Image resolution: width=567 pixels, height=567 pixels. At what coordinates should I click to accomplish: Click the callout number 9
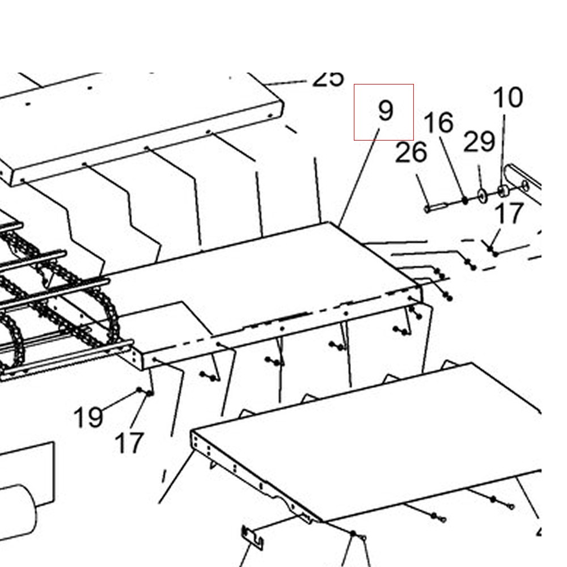(385, 111)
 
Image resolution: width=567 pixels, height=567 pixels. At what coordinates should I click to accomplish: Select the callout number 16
(439, 123)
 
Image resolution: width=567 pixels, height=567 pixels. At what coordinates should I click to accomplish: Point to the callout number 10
(508, 98)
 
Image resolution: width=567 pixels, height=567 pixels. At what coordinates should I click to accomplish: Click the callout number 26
(411, 153)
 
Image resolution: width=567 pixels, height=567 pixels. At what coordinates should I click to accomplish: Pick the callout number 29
(479, 142)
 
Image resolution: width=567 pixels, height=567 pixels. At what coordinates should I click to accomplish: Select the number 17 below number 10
(509, 214)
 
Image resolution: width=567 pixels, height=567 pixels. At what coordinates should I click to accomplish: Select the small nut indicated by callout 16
(465, 200)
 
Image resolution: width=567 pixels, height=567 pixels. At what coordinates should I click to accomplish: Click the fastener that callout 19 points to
(139, 390)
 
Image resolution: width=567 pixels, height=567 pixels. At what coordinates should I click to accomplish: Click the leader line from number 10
(503, 147)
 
